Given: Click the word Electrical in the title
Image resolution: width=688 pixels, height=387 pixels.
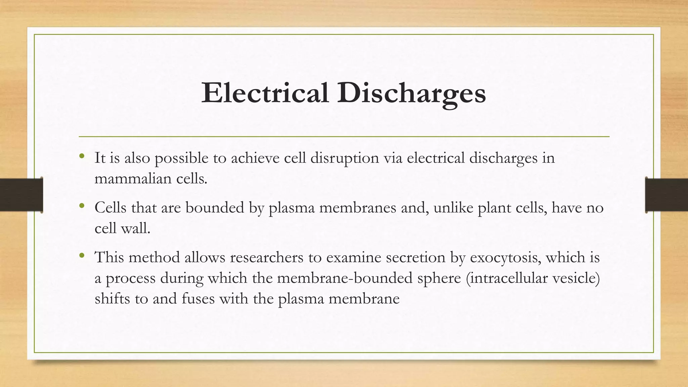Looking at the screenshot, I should tap(265, 93).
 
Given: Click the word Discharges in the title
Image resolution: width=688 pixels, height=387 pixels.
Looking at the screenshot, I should tap(412, 93).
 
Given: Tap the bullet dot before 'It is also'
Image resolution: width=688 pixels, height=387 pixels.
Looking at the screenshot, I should tap(82, 156).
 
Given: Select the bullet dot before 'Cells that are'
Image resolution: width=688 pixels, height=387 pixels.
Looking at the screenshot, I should tap(82, 206).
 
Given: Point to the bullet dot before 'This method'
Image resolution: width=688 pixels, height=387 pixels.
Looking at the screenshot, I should tap(82, 256).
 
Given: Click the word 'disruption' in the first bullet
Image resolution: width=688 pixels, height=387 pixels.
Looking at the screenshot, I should tap(344, 158).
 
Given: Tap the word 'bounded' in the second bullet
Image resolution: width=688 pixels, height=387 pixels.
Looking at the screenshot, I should tap(215, 208).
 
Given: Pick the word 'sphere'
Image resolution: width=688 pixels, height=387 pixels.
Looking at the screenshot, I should tap(439, 278).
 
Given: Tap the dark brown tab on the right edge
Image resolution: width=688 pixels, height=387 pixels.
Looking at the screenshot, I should tap(666, 195).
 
